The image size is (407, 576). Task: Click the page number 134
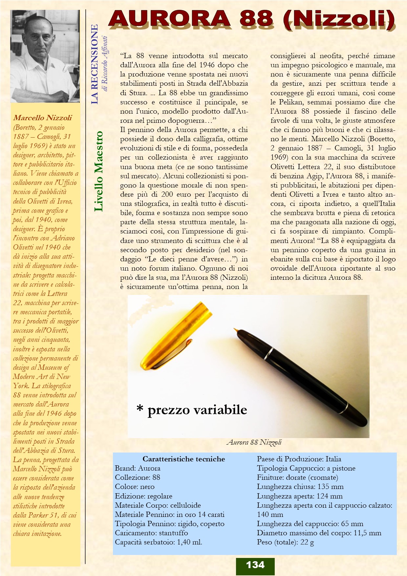click(x=255, y=565)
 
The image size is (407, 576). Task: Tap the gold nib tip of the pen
click(x=235, y=329)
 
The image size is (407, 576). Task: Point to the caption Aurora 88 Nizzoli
click(x=254, y=442)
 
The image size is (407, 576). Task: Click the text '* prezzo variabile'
click(x=192, y=410)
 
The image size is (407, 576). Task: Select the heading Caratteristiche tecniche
click(x=183, y=459)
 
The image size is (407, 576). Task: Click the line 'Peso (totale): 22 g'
click(x=285, y=542)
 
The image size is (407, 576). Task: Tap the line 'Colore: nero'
click(x=135, y=487)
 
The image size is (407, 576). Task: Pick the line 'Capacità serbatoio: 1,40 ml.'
click(x=159, y=542)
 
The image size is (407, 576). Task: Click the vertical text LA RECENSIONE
click(x=95, y=64)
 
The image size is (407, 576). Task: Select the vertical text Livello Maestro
click(x=98, y=171)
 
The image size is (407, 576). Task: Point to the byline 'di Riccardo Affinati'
click(x=105, y=64)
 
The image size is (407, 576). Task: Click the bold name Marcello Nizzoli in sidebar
click(x=43, y=118)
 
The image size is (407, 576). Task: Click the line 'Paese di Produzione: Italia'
click(x=299, y=459)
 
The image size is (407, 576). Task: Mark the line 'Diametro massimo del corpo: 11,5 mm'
click(x=319, y=533)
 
